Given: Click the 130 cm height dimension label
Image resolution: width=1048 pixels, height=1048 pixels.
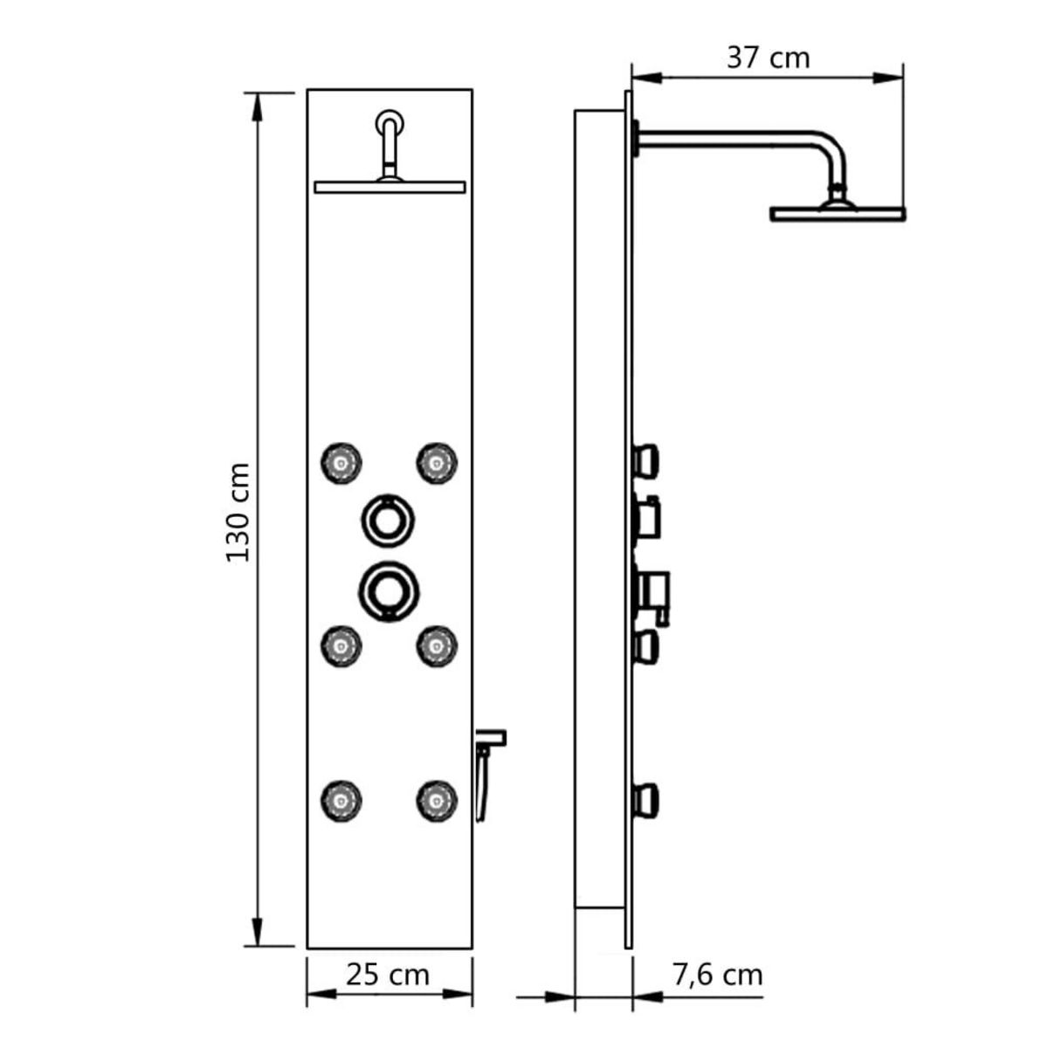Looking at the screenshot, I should [x=238, y=513].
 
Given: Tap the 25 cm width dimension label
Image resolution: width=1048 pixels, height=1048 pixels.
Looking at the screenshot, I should [x=388, y=974].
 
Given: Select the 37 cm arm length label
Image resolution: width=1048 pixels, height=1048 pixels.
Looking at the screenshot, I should [x=768, y=58].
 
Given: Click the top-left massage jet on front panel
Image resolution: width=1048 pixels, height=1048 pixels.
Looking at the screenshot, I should [x=341, y=461].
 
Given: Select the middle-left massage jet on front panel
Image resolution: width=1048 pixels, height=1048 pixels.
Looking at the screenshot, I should [x=341, y=645].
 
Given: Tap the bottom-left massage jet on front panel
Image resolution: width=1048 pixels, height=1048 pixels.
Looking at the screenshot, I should [x=341, y=798].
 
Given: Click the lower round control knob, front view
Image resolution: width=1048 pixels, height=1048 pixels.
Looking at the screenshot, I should [x=387, y=590].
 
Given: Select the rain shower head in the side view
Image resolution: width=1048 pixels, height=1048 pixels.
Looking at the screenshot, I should [x=837, y=212].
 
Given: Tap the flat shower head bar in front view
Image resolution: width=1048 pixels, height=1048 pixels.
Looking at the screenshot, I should [x=390, y=187].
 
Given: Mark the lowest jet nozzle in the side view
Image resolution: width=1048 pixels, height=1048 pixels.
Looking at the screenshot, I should [x=646, y=796].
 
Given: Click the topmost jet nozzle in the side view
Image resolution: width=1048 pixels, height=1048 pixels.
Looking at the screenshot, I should [x=646, y=459].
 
